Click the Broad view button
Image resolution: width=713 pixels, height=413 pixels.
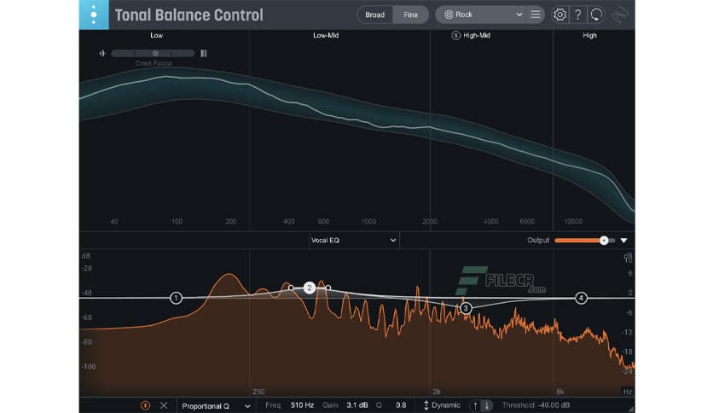coord(374,15)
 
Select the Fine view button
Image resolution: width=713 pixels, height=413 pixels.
coord(410,15)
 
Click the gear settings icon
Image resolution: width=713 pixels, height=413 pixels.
coord(559,15)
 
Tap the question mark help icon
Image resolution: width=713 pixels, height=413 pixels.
coord(578,15)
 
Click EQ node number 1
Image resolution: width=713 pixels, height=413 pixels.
coord(176,298)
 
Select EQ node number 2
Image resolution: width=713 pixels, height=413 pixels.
coord(310,288)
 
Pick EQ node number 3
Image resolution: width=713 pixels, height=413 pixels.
coord(465,307)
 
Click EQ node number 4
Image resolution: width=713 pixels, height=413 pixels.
coord(581,298)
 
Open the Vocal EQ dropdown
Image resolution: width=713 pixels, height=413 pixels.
coord(353,241)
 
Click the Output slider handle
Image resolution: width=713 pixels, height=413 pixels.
coord(604,241)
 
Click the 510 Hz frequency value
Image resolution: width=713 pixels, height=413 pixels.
coord(303,405)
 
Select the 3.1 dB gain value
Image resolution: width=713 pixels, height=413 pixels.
coord(356,405)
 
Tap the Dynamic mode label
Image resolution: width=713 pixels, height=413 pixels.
coord(445,405)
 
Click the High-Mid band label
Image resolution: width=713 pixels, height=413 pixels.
coord(475,36)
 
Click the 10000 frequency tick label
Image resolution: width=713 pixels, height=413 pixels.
coord(572,221)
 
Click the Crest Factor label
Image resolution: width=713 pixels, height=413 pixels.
coord(154,63)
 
